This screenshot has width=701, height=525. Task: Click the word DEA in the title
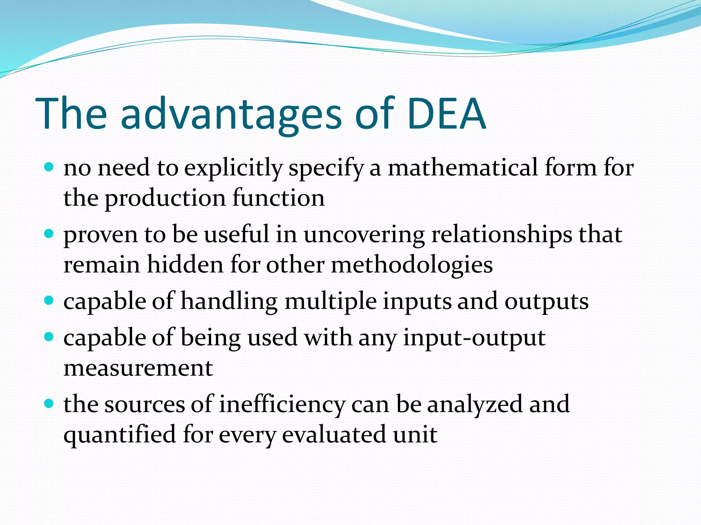click(446, 113)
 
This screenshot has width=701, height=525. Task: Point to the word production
click(165, 199)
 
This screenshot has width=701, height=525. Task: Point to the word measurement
click(138, 368)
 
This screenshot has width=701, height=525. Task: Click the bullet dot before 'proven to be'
click(49, 234)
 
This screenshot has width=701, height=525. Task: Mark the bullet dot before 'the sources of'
click(49, 404)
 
